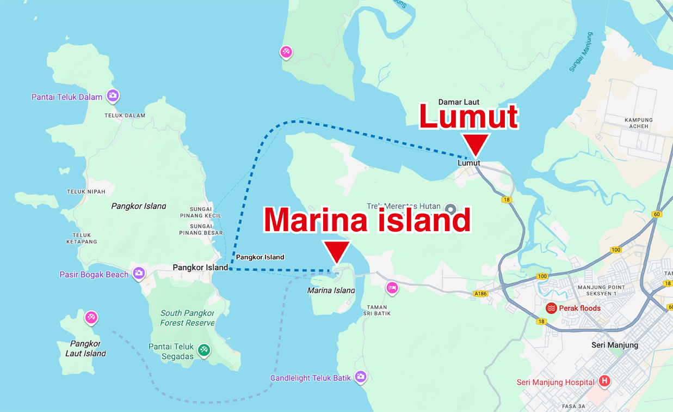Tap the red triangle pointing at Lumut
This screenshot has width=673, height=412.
click(x=476, y=146)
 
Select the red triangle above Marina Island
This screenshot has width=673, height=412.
click(x=337, y=252)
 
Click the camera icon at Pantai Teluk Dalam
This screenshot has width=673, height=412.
click(x=113, y=96)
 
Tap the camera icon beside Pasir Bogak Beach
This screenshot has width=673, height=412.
click(x=139, y=273)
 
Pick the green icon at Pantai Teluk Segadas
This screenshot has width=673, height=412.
click(x=203, y=349)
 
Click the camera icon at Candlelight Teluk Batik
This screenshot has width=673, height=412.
click(x=360, y=377)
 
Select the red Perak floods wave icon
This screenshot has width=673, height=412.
click(x=551, y=308)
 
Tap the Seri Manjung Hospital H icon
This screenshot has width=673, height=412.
click(x=603, y=381)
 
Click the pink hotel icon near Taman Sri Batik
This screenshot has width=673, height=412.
click(x=392, y=287)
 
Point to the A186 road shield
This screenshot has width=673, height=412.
click(x=480, y=294)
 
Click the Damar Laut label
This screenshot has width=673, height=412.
click(x=459, y=102)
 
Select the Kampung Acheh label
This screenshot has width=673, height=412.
click(x=639, y=123)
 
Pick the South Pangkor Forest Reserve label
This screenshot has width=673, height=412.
click(x=187, y=318)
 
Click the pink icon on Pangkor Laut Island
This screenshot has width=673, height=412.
click(x=91, y=317)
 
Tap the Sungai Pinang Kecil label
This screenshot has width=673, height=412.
click(x=205, y=213)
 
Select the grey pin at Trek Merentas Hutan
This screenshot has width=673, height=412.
click(x=450, y=209)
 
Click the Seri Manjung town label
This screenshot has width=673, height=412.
click(x=614, y=345)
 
